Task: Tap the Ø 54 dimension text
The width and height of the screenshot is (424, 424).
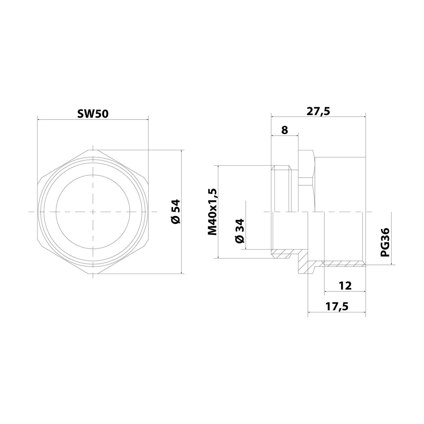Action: pyautogui.click(x=175, y=212)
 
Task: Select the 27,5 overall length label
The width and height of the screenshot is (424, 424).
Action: pyautogui.click(x=318, y=111)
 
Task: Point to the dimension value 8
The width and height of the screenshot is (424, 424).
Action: pyautogui.click(x=284, y=130)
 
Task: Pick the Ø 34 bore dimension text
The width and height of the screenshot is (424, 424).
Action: pyautogui.click(x=239, y=230)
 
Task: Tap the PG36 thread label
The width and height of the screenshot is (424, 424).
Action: pyautogui.click(x=385, y=242)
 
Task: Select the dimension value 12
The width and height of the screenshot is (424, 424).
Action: pyautogui.click(x=345, y=286)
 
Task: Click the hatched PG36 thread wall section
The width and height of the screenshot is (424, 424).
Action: pyautogui.click(x=343, y=263)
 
